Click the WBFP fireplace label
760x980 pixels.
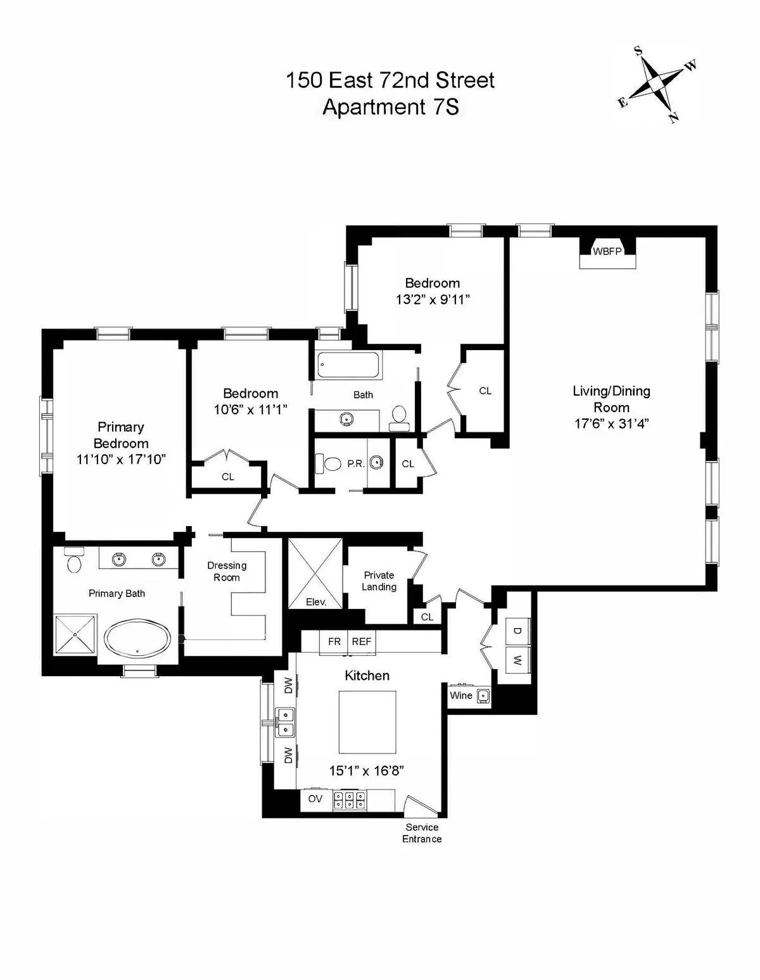pyautogui.click(x=606, y=251)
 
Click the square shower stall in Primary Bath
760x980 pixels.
pyautogui.click(x=75, y=634)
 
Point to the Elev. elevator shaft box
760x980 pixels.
pyautogui.click(x=315, y=574)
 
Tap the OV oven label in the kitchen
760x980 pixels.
pyautogui.click(x=315, y=799)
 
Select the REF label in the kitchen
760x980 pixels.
pyautogui.click(x=362, y=641)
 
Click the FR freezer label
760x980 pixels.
pyautogui.click(x=334, y=641)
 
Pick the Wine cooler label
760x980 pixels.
pyautogui.click(x=460, y=695)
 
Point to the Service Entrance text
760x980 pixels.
pyautogui.click(x=422, y=833)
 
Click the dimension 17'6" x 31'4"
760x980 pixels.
pyautogui.click(x=611, y=424)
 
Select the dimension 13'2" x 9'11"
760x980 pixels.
pyautogui.click(x=432, y=299)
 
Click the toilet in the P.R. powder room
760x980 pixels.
pyautogui.click(x=329, y=463)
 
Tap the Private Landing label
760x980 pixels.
pyautogui.click(x=379, y=581)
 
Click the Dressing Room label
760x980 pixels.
pyautogui.click(x=227, y=571)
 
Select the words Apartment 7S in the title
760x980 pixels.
pyautogui.click(x=390, y=107)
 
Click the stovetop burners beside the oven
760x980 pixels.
pyautogui.click(x=350, y=800)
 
